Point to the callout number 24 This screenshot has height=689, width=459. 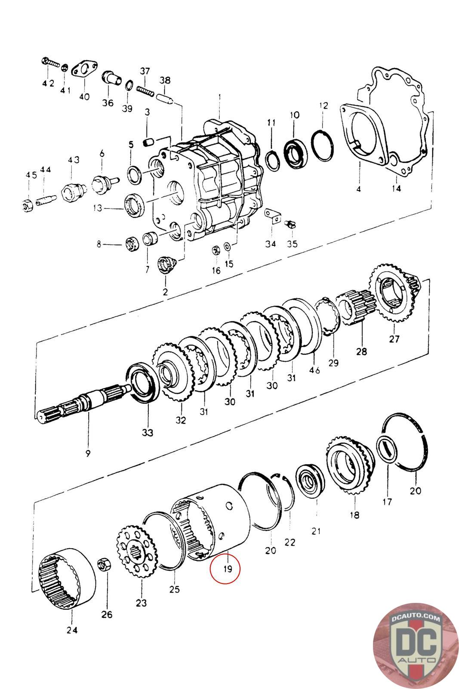point(72,630)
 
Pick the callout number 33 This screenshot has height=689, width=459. point(148,432)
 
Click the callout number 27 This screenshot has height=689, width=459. point(394,338)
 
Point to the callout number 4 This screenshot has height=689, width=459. point(358,188)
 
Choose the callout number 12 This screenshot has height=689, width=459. point(323,106)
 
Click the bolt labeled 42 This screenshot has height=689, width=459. point(50,63)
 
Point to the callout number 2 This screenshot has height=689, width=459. point(165,292)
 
